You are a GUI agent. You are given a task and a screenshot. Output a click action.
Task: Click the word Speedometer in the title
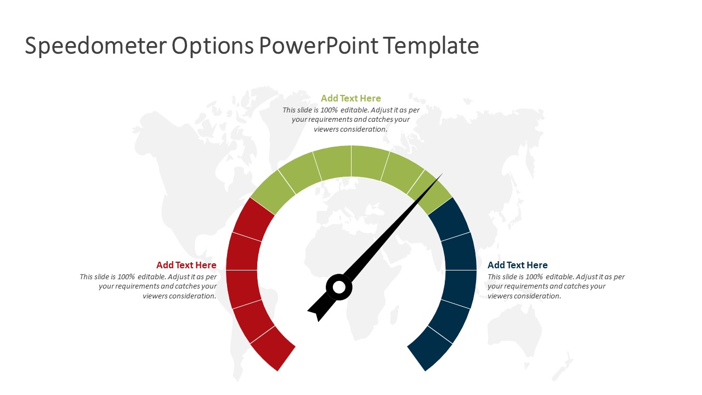(95, 46)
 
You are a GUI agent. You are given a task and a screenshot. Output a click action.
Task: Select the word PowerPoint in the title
(319, 46)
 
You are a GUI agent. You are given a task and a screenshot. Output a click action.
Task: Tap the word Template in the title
(431, 46)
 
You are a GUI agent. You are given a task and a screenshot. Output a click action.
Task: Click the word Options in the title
(213, 46)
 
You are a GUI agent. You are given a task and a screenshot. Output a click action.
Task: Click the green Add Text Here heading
(350, 98)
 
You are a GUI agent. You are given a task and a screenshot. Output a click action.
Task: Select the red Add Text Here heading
(186, 265)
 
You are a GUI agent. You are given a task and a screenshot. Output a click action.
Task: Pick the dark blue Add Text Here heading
(517, 265)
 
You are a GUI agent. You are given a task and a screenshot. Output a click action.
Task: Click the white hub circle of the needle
(339, 287)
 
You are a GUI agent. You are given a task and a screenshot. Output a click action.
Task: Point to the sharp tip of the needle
(443, 173)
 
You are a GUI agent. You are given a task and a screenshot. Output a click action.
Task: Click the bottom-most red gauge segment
(273, 348)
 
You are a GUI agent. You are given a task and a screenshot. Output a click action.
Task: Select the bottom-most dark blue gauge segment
(429, 348)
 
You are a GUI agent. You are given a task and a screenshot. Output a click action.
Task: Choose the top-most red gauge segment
(254, 219)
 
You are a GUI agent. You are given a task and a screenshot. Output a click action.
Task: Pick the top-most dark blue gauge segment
(449, 219)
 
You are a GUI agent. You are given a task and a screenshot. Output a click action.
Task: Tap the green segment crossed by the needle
(429, 192)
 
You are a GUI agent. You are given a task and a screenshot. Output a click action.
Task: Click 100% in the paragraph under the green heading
(329, 110)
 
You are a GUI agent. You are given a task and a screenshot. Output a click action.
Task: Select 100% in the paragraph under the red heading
(126, 277)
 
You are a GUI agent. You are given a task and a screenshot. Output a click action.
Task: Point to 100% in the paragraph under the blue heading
(534, 277)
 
